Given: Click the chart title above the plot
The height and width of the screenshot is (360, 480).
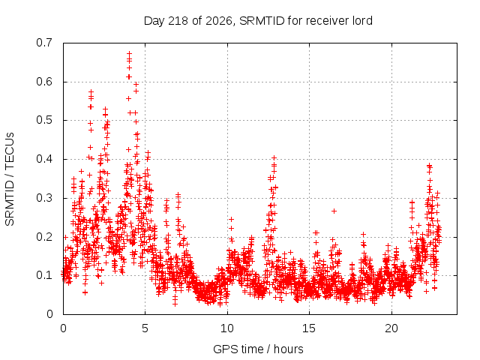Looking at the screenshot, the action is click(x=258, y=21).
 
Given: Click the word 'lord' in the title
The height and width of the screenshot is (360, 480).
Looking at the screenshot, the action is click(x=362, y=21).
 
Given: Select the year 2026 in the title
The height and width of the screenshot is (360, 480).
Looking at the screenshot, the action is click(x=219, y=21).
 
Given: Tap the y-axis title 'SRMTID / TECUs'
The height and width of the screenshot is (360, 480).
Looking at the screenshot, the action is click(x=10, y=179).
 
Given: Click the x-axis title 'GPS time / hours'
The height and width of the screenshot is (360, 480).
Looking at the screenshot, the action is click(x=258, y=349).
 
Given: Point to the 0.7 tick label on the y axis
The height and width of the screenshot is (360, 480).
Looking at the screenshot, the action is click(x=44, y=43).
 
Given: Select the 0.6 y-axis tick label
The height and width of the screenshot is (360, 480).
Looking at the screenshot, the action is click(x=44, y=82).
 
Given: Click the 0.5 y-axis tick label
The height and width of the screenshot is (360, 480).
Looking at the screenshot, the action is click(x=44, y=120).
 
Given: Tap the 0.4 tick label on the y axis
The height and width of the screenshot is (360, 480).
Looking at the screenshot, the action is click(x=44, y=159).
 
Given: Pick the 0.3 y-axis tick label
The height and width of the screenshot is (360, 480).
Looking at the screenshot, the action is click(x=44, y=198).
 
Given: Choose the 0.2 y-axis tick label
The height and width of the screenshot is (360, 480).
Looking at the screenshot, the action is click(x=44, y=237).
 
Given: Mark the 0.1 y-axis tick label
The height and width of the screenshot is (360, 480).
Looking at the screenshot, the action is click(x=44, y=275).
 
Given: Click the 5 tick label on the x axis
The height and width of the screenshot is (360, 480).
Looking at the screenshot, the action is click(x=145, y=328).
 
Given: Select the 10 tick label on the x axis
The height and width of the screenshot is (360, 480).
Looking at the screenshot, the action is click(x=227, y=328).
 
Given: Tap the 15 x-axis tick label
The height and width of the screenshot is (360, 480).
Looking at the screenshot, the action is click(x=309, y=328).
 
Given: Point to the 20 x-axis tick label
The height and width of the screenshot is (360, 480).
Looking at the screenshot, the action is click(x=391, y=328).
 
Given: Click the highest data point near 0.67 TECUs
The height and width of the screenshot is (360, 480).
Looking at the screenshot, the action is click(x=130, y=53).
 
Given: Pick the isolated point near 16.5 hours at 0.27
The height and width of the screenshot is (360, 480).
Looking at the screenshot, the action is click(x=334, y=211).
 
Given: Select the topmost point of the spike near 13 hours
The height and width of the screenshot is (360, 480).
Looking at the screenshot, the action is click(x=274, y=158).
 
